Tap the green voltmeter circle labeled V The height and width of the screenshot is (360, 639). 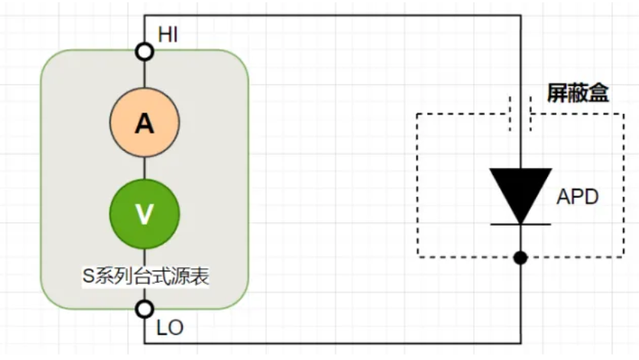pos(144,215)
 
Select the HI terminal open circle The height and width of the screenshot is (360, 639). pos(144,52)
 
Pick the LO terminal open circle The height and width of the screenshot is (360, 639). pos(144,309)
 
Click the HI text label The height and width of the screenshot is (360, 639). pos(169,34)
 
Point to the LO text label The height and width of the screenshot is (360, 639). pos(170,328)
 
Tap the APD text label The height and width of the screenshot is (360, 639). pos(577,197)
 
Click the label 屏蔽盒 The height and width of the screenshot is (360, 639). pos(578,93)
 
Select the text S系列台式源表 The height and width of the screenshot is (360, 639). pos(145,276)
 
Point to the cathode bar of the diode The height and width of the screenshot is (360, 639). pos(521,224)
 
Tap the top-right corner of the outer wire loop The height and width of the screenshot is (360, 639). pos(521,15)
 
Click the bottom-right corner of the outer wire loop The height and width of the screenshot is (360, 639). pos(521,341)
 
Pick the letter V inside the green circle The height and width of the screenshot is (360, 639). pos(144,215)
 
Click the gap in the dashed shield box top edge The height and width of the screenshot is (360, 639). pos(521,114)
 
